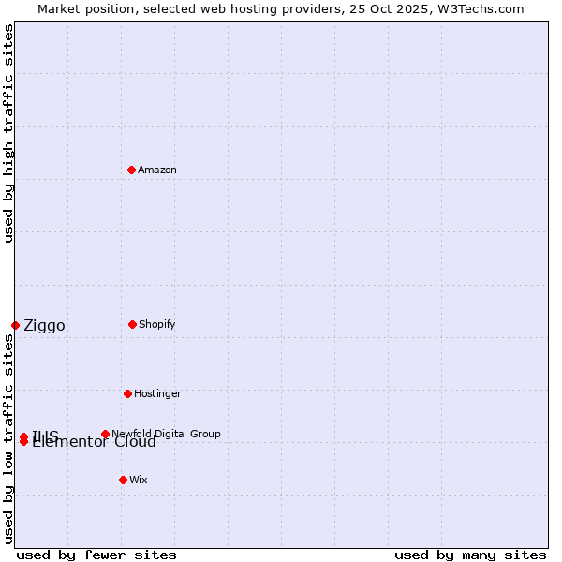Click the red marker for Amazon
[132, 170]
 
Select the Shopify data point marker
[132, 324]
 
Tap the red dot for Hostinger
[127, 393]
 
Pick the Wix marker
[123, 480]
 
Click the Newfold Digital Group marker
[105, 434]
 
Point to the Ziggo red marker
[15, 325]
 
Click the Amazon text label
[157, 170]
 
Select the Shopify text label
[157, 324]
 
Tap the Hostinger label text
[157, 393]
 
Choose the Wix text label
[139, 480]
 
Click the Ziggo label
[44, 326]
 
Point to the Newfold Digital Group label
[166, 434]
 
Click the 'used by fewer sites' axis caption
[96, 555]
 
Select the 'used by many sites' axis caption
[470, 555]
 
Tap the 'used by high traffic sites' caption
[9, 134]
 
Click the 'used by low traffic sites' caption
[9, 438]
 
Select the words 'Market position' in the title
[80, 8]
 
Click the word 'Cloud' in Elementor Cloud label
[136, 442]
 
